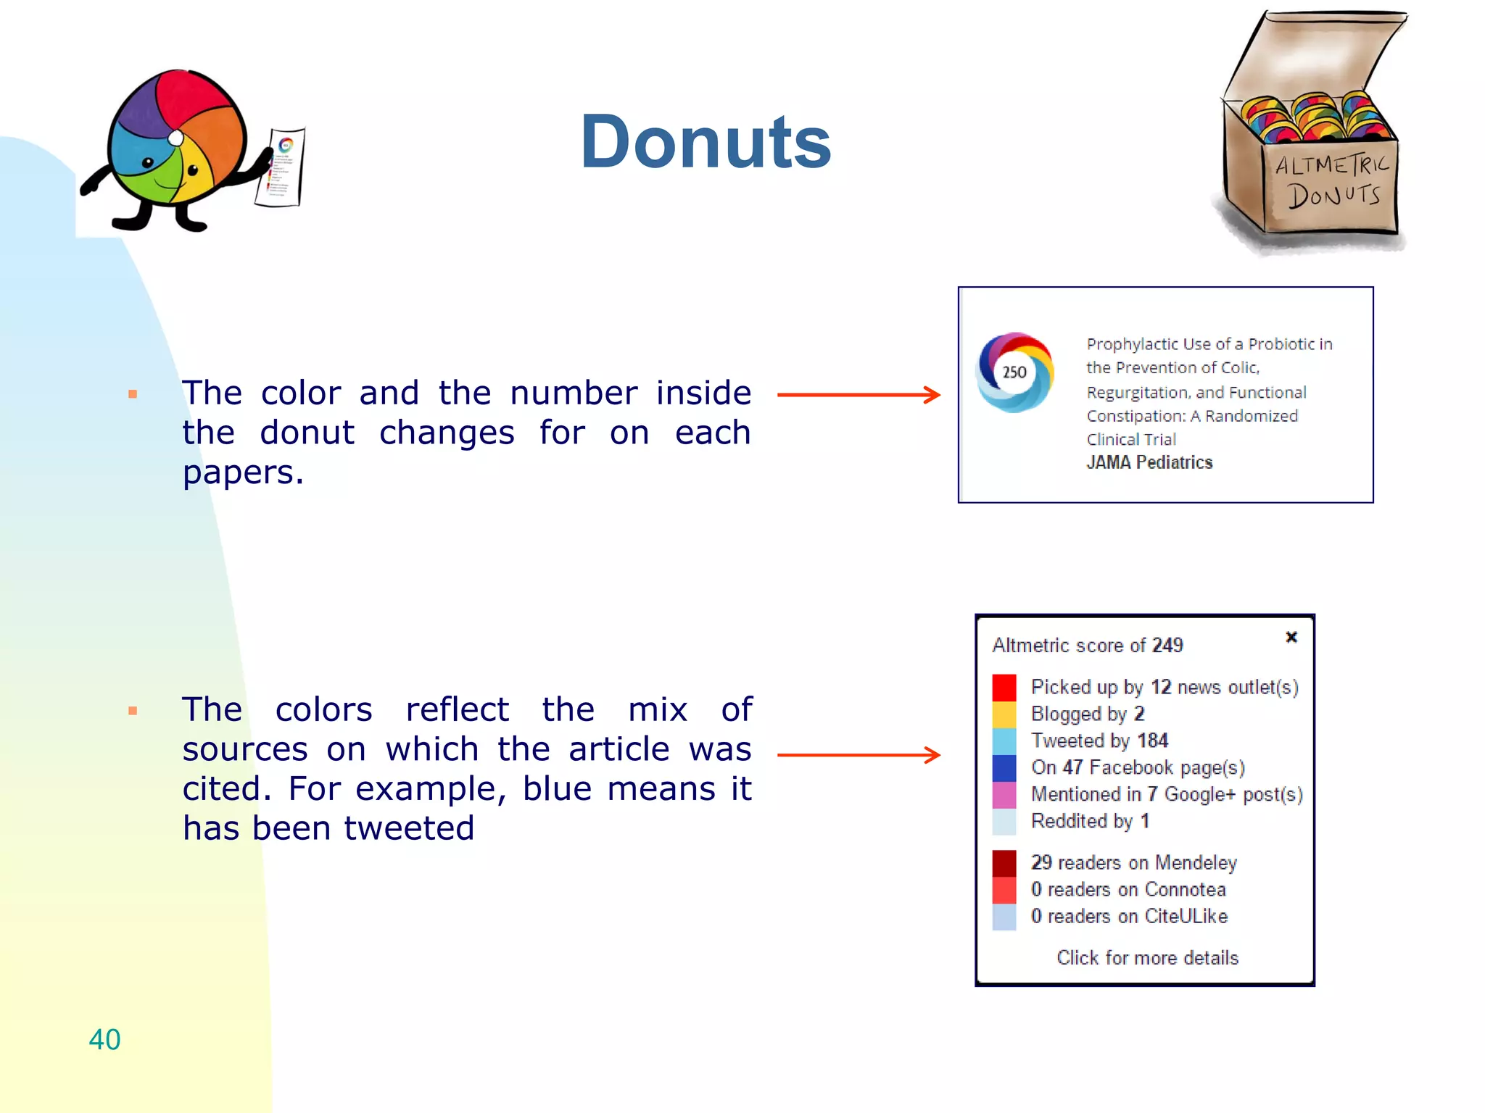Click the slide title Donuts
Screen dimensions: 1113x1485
tap(705, 142)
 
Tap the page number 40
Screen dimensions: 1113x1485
tap(104, 1039)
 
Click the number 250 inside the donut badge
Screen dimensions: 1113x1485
tap(1014, 372)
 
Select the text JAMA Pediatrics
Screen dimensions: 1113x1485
tap(1149, 462)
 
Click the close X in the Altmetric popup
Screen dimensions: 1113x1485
tap(1291, 637)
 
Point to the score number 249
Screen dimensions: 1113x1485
tap(1167, 645)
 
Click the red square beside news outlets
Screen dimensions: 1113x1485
tap(1004, 687)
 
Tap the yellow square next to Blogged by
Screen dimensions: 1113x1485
tap(1004, 714)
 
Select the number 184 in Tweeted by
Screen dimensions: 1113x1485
tap(1152, 741)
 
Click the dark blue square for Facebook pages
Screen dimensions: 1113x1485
tap(1004, 768)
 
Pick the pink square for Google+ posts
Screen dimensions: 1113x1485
tap(1004, 795)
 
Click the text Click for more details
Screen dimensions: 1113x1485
tap(1147, 958)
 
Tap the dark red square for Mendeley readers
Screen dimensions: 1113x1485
tap(1004, 863)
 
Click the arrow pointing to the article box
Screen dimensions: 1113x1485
tap(859, 395)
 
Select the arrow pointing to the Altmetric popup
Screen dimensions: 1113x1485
tap(859, 755)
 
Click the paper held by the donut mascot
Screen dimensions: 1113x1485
tap(281, 168)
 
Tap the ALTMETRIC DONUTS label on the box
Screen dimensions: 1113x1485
tap(1333, 181)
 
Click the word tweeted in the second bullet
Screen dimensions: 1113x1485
tap(409, 828)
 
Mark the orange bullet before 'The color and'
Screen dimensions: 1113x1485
tap(133, 394)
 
